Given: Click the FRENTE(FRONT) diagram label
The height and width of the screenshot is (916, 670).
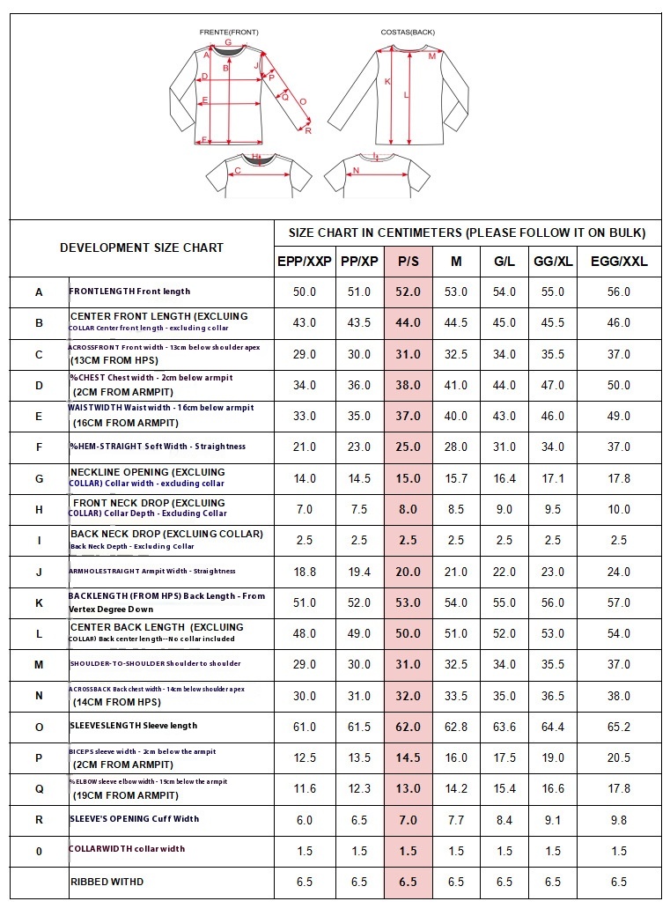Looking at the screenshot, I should tap(229, 32).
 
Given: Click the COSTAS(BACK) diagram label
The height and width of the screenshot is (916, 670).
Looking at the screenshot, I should tap(408, 32).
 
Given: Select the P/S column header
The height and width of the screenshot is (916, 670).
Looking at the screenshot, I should tap(408, 262).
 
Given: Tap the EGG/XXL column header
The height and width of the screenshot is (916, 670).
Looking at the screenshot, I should tap(619, 262).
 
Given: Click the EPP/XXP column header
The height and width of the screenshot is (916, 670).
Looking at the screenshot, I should tap(304, 262).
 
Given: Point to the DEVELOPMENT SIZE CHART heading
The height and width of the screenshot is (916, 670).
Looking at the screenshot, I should tap(142, 247).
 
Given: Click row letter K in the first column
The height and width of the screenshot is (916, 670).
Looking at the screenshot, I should tap(39, 602).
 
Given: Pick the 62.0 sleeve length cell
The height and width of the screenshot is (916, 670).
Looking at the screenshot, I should tap(408, 727).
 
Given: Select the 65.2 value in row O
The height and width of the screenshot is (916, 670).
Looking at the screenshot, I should tap(619, 727).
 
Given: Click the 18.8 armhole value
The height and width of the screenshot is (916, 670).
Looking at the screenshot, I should tap(304, 572).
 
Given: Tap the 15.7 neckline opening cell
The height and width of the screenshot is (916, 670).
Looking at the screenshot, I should tap(456, 478).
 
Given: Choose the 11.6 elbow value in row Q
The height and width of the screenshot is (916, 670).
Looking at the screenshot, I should tap(304, 789).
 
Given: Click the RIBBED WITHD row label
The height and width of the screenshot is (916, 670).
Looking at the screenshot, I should tap(107, 882).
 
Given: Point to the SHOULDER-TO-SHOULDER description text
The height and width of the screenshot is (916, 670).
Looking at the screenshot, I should tap(155, 664).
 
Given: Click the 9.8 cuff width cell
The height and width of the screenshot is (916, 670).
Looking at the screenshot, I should tap(619, 820).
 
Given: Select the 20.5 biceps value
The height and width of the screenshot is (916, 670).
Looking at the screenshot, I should tap(619, 758).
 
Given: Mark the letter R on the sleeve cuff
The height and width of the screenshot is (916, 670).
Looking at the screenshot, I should tap(308, 130).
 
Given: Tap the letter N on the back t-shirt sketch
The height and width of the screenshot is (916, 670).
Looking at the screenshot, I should tap(356, 170).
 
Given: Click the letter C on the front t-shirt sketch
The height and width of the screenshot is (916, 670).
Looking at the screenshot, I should tap(237, 171).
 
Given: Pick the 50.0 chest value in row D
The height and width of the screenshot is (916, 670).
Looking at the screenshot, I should tap(619, 385).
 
